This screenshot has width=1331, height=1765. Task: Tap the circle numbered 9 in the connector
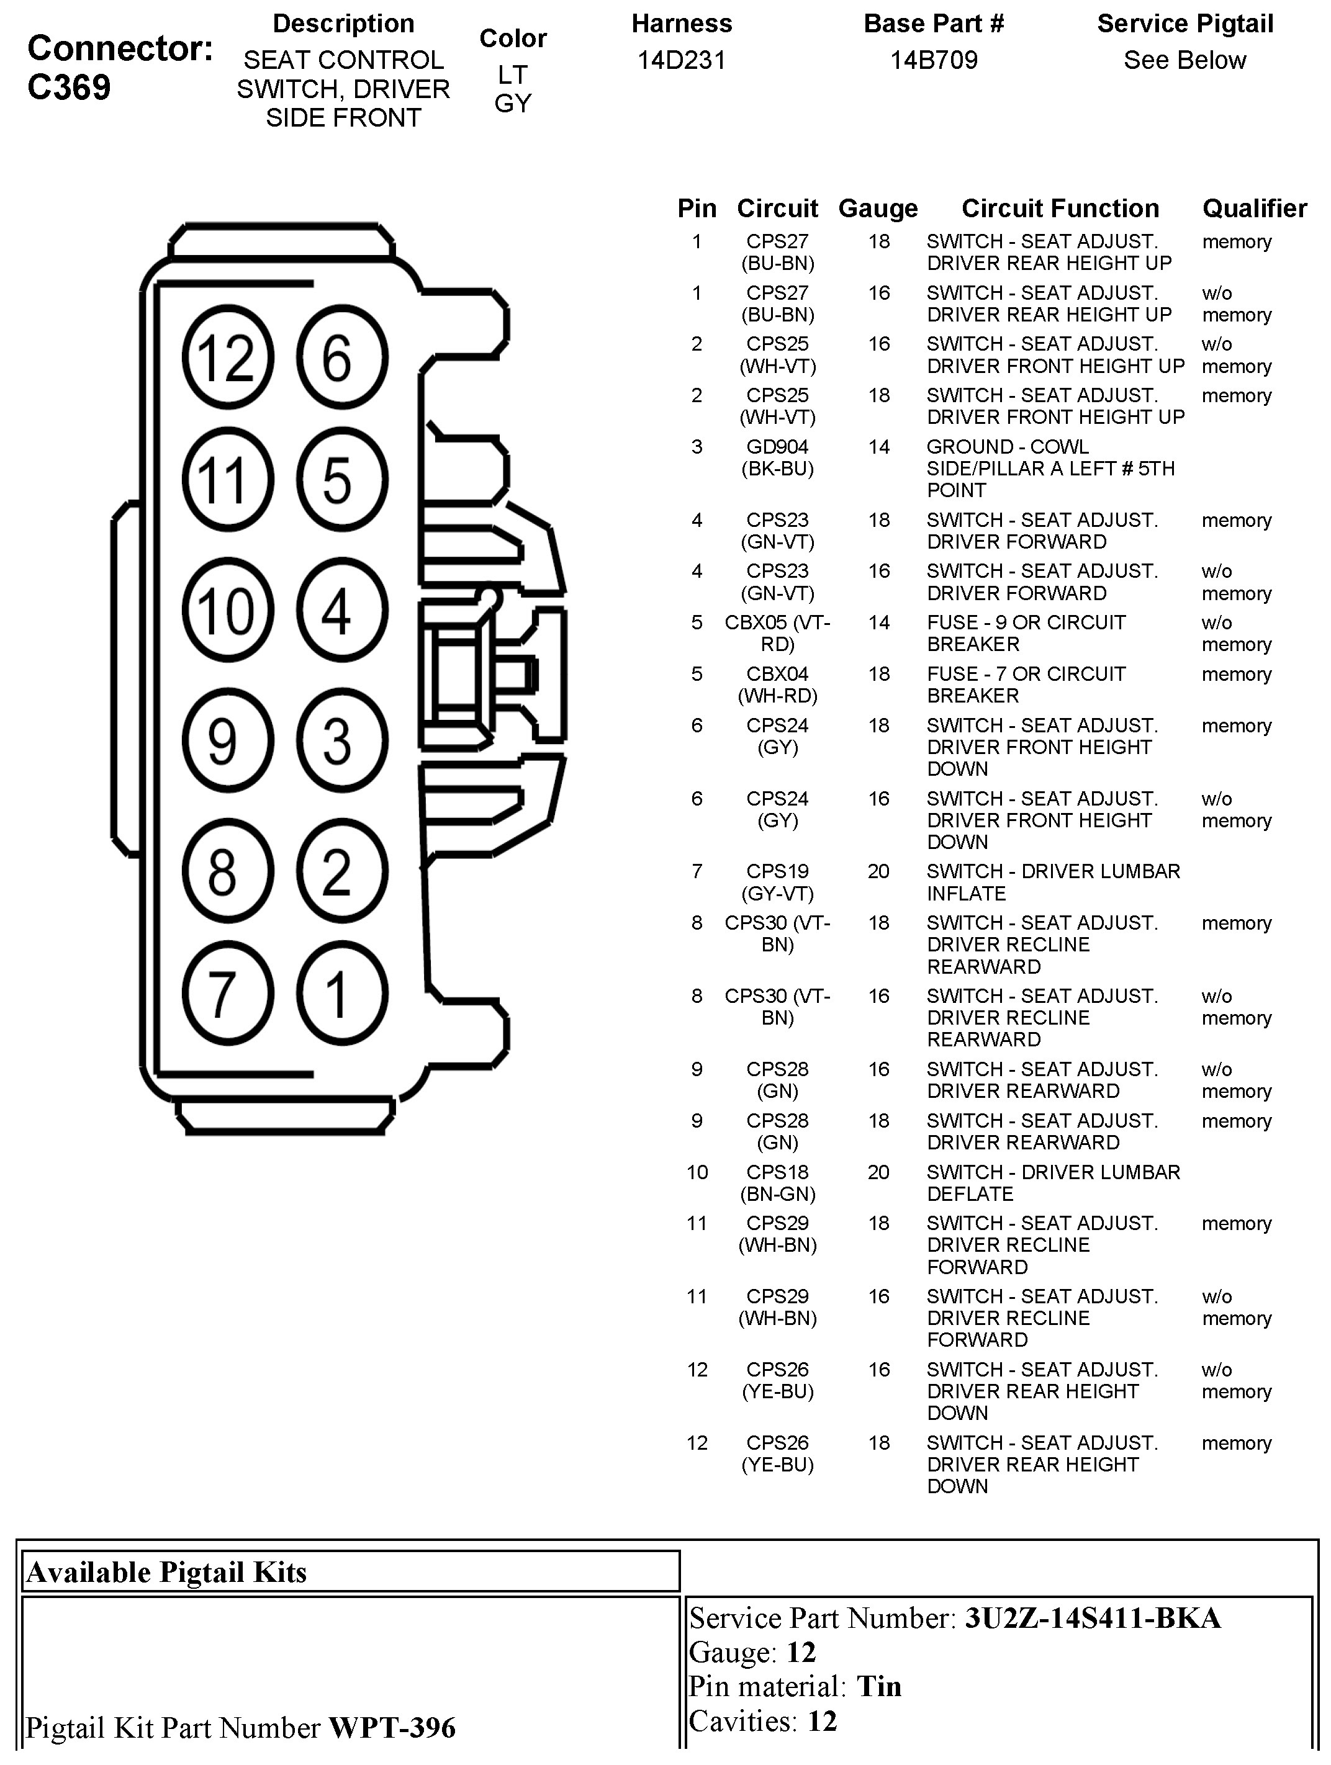[227, 740]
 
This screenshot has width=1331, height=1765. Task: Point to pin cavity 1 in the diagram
[341, 994]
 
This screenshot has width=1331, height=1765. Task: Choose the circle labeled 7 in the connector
[227, 994]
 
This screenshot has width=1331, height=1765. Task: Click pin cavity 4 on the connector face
[341, 611]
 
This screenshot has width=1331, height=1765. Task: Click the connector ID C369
[70, 88]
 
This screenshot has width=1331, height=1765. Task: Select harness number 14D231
[682, 60]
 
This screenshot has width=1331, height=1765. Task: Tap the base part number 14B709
[934, 60]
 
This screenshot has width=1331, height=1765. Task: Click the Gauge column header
[878, 209]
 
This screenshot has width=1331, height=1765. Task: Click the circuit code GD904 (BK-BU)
[777, 457]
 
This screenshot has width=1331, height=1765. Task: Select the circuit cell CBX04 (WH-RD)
[777, 685]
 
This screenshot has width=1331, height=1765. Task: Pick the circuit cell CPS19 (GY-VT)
[777, 882]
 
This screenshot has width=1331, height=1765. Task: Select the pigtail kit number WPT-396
[392, 1728]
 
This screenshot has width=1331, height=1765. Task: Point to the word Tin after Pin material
[878, 1686]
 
